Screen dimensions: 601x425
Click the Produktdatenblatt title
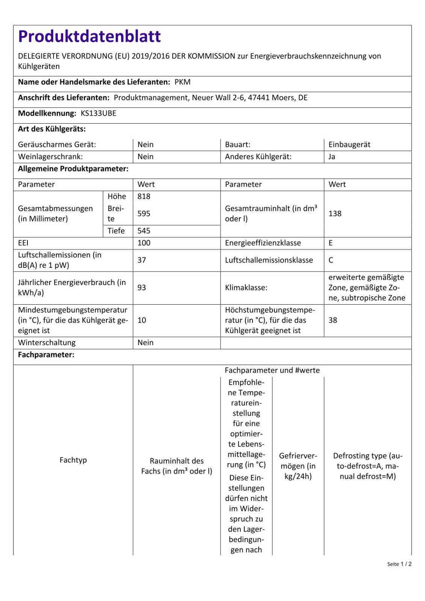[89, 37]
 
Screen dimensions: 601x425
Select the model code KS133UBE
[98, 113]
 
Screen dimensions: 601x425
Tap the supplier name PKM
[182, 82]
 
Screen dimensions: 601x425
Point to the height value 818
[144, 196]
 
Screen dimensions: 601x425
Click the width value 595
[144, 214]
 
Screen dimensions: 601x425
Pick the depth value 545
[144, 231]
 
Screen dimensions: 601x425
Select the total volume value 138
[335, 214]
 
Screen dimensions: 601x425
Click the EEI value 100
[144, 243]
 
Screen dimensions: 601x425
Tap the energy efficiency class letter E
[331, 243]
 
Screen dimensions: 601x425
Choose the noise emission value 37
[142, 260]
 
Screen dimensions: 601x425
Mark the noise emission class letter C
[331, 260]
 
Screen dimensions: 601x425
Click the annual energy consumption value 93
[142, 288]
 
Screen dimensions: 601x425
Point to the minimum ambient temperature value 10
[142, 320]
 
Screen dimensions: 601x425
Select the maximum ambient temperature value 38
[333, 320]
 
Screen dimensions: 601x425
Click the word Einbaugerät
[349, 145]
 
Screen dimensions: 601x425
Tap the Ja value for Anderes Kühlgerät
[332, 157]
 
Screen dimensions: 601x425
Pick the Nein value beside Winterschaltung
[145, 343]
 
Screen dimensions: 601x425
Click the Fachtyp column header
[73, 460]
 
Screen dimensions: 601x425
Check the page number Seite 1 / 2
[399, 564]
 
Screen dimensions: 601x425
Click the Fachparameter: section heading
[46, 355]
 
